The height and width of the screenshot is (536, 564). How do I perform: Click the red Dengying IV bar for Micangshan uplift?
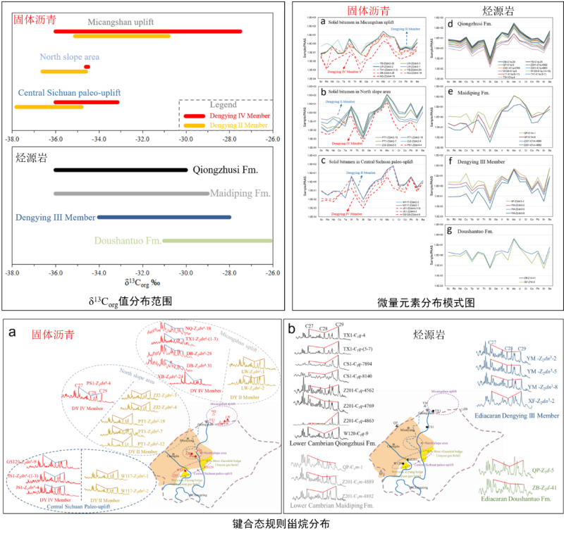point(148,31)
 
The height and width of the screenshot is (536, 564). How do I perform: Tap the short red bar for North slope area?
point(87,67)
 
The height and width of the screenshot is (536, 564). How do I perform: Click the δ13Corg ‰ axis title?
point(141,284)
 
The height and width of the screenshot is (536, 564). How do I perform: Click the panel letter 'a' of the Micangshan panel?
point(322,22)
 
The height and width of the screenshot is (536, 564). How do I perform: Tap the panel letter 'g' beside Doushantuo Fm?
point(450,230)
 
